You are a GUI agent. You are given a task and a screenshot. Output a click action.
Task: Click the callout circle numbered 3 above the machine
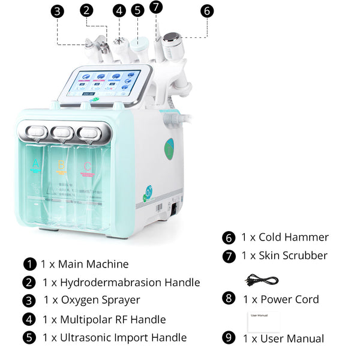(57, 11)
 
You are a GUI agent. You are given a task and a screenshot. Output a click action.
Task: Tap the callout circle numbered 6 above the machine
(207, 11)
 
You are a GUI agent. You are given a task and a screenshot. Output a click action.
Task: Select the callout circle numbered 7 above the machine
(157, 7)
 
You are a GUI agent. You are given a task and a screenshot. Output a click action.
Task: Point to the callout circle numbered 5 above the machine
(138, 10)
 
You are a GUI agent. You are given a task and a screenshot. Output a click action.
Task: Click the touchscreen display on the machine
(104, 83)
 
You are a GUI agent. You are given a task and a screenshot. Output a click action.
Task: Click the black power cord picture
(262, 280)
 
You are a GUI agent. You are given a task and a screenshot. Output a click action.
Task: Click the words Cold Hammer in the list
(293, 237)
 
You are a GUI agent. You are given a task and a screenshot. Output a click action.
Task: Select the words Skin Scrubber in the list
(293, 256)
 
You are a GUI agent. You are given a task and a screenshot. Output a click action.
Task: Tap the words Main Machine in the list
(93, 264)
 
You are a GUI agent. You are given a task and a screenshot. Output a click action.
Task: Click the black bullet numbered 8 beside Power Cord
(228, 298)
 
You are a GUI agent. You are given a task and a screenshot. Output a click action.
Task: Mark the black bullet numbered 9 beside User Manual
(228, 338)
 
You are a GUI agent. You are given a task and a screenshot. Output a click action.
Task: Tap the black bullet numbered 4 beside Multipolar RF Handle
(29, 320)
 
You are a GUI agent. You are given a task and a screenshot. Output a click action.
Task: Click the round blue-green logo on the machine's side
(169, 148)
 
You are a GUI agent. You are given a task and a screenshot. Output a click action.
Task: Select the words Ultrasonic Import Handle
(122, 338)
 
